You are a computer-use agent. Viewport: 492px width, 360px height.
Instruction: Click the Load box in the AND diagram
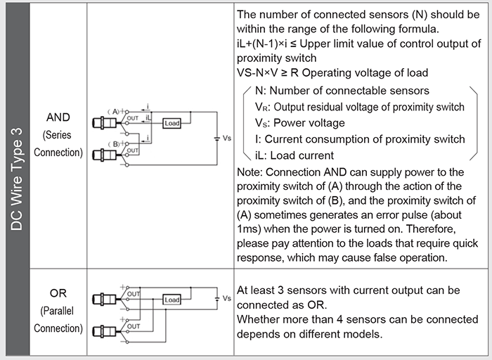click(172, 123)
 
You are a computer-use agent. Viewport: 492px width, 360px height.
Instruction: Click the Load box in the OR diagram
click(172, 300)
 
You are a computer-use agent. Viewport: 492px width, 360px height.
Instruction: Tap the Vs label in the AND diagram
click(226, 139)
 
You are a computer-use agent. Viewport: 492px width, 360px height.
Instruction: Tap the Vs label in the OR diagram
click(226, 298)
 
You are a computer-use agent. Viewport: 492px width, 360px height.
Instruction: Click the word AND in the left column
click(58, 117)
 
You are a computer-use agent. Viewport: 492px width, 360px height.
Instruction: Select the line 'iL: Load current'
click(294, 155)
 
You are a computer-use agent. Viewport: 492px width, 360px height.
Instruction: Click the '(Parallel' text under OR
click(58, 311)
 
